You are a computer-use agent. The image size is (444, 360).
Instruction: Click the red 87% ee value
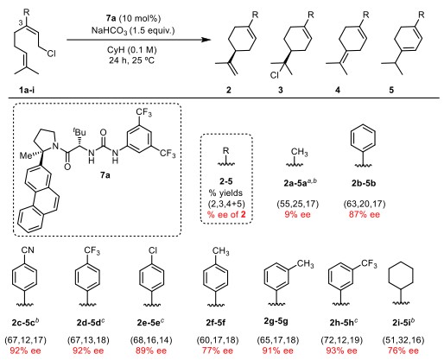pos(365,214)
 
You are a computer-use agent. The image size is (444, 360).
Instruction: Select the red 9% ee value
pos(297,214)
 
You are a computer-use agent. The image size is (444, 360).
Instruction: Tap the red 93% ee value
pos(341,351)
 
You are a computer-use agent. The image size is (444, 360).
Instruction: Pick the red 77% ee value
pos(218,351)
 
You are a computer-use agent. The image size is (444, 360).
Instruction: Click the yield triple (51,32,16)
pos(403,340)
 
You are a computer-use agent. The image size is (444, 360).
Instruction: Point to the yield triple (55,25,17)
pos(298,204)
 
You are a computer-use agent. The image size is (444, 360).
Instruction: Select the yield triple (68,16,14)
pos(151,340)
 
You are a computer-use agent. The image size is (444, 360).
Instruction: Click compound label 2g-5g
pos(276,321)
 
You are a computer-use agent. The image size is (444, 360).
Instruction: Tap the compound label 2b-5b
pos(364,183)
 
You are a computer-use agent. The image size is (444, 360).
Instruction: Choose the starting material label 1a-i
pos(27,90)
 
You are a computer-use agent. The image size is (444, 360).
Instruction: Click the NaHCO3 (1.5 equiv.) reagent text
pos(133,30)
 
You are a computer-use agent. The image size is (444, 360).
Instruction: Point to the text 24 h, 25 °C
pos(131,60)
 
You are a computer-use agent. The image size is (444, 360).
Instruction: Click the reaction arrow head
pos(206,40)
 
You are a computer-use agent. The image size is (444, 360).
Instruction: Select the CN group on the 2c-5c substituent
pos(27,249)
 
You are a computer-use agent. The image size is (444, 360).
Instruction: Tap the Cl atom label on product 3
pos(275,75)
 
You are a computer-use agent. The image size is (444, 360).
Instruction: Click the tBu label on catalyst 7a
pos(79,132)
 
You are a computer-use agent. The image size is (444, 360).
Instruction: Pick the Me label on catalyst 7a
pos(26,155)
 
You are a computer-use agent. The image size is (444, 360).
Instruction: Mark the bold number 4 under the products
pos(338,90)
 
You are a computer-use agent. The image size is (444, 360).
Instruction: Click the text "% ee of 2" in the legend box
pos(226,214)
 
